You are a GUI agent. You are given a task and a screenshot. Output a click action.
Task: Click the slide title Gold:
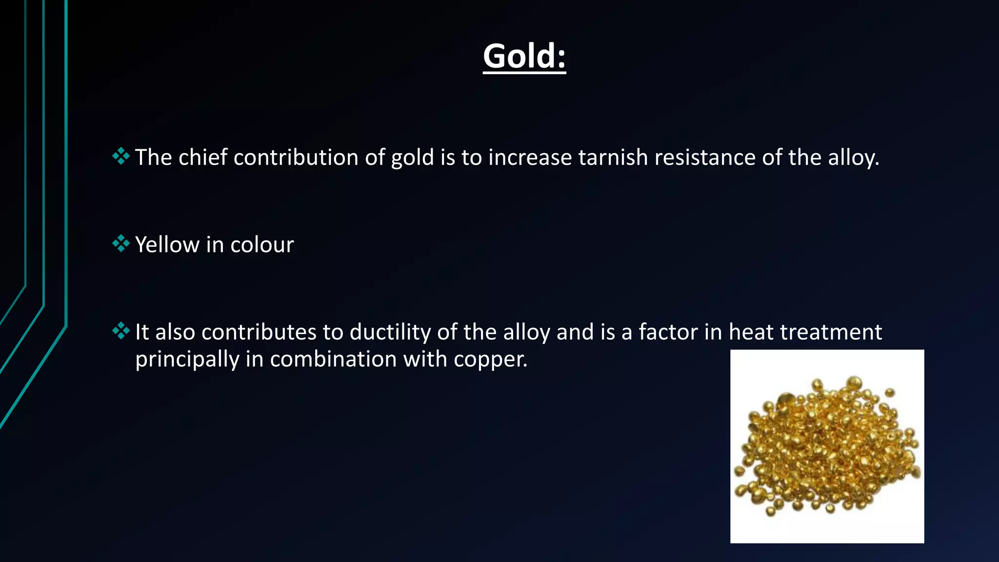(x=524, y=57)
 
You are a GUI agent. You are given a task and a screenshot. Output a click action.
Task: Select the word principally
(x=187, y=360)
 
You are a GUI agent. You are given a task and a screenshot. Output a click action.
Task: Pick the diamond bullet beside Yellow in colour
(x=120, y=243)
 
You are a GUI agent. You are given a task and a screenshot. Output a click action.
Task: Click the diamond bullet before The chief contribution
(x=120, y=156)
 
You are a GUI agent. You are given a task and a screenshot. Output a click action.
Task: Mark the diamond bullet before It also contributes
(x=120, y=331)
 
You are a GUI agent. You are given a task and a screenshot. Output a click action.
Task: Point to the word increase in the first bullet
(x=530, y=158)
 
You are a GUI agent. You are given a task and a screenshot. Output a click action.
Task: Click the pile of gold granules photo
(x=827, y=446)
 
